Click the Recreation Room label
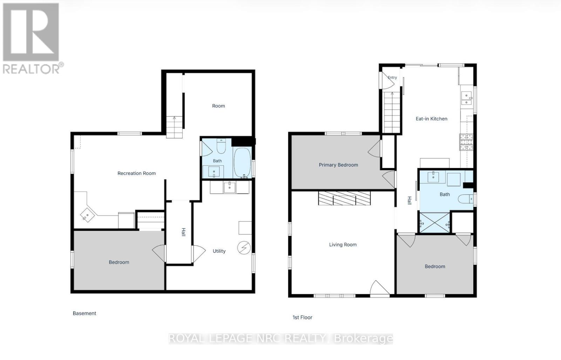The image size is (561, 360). pos(136,173)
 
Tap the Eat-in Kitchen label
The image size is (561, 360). pos(431,119)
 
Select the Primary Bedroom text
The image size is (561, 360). pos(338,165)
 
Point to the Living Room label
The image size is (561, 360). pos(343,245)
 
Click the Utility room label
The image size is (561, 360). pos(219,251)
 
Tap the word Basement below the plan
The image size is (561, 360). pos(85,313)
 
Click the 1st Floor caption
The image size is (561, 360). pos(302,318)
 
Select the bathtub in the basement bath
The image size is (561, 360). pos(242,163)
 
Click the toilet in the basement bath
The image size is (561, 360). pos(221,146)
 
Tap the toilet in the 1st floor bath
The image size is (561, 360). pos(466,199)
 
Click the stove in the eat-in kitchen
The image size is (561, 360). pos(466,142)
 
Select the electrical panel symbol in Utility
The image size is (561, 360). pos(244,247)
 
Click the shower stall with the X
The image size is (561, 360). pos(434,222)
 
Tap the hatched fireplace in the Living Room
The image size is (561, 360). pos(344,198)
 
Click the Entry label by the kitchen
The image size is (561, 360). pos(392,78)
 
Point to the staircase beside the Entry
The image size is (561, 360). pos(392,112)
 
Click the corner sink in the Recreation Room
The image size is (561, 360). pos(87,215)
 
